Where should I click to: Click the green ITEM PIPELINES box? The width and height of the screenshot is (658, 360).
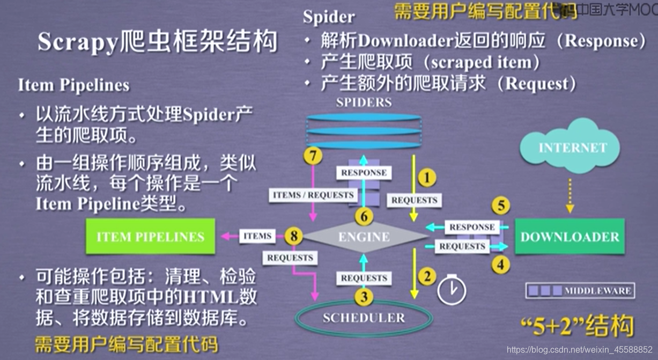coord(150,237)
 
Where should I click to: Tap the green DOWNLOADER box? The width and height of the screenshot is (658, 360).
coord(570,237)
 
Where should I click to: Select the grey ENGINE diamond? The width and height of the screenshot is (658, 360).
coord(365,237)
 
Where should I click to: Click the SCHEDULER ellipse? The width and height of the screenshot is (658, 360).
coord(364,318)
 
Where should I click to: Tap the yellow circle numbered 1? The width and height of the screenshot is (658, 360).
coord(427,178)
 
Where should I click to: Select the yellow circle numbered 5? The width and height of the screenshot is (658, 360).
coord(500,206)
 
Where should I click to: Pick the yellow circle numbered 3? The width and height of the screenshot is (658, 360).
coord(364,296)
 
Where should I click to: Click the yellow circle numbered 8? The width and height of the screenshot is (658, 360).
coord(293,236)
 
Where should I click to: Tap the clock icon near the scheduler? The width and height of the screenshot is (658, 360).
coord(452,290)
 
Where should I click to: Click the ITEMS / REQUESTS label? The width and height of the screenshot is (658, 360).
coord(313,195)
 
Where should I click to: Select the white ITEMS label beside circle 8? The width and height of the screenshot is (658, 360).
coord(257,236)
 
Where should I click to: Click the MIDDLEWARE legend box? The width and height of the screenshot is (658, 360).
coord(580,291)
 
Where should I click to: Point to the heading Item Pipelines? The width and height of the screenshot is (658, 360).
coord(73,85)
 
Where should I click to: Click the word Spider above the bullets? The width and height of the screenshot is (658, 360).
coord(329,17)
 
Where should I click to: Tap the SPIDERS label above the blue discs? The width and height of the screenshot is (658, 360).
coord(364,102)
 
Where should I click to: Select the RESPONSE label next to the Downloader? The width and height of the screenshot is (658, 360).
coord(472,227)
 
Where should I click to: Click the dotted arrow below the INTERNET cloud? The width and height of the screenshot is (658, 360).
coord(570,195)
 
